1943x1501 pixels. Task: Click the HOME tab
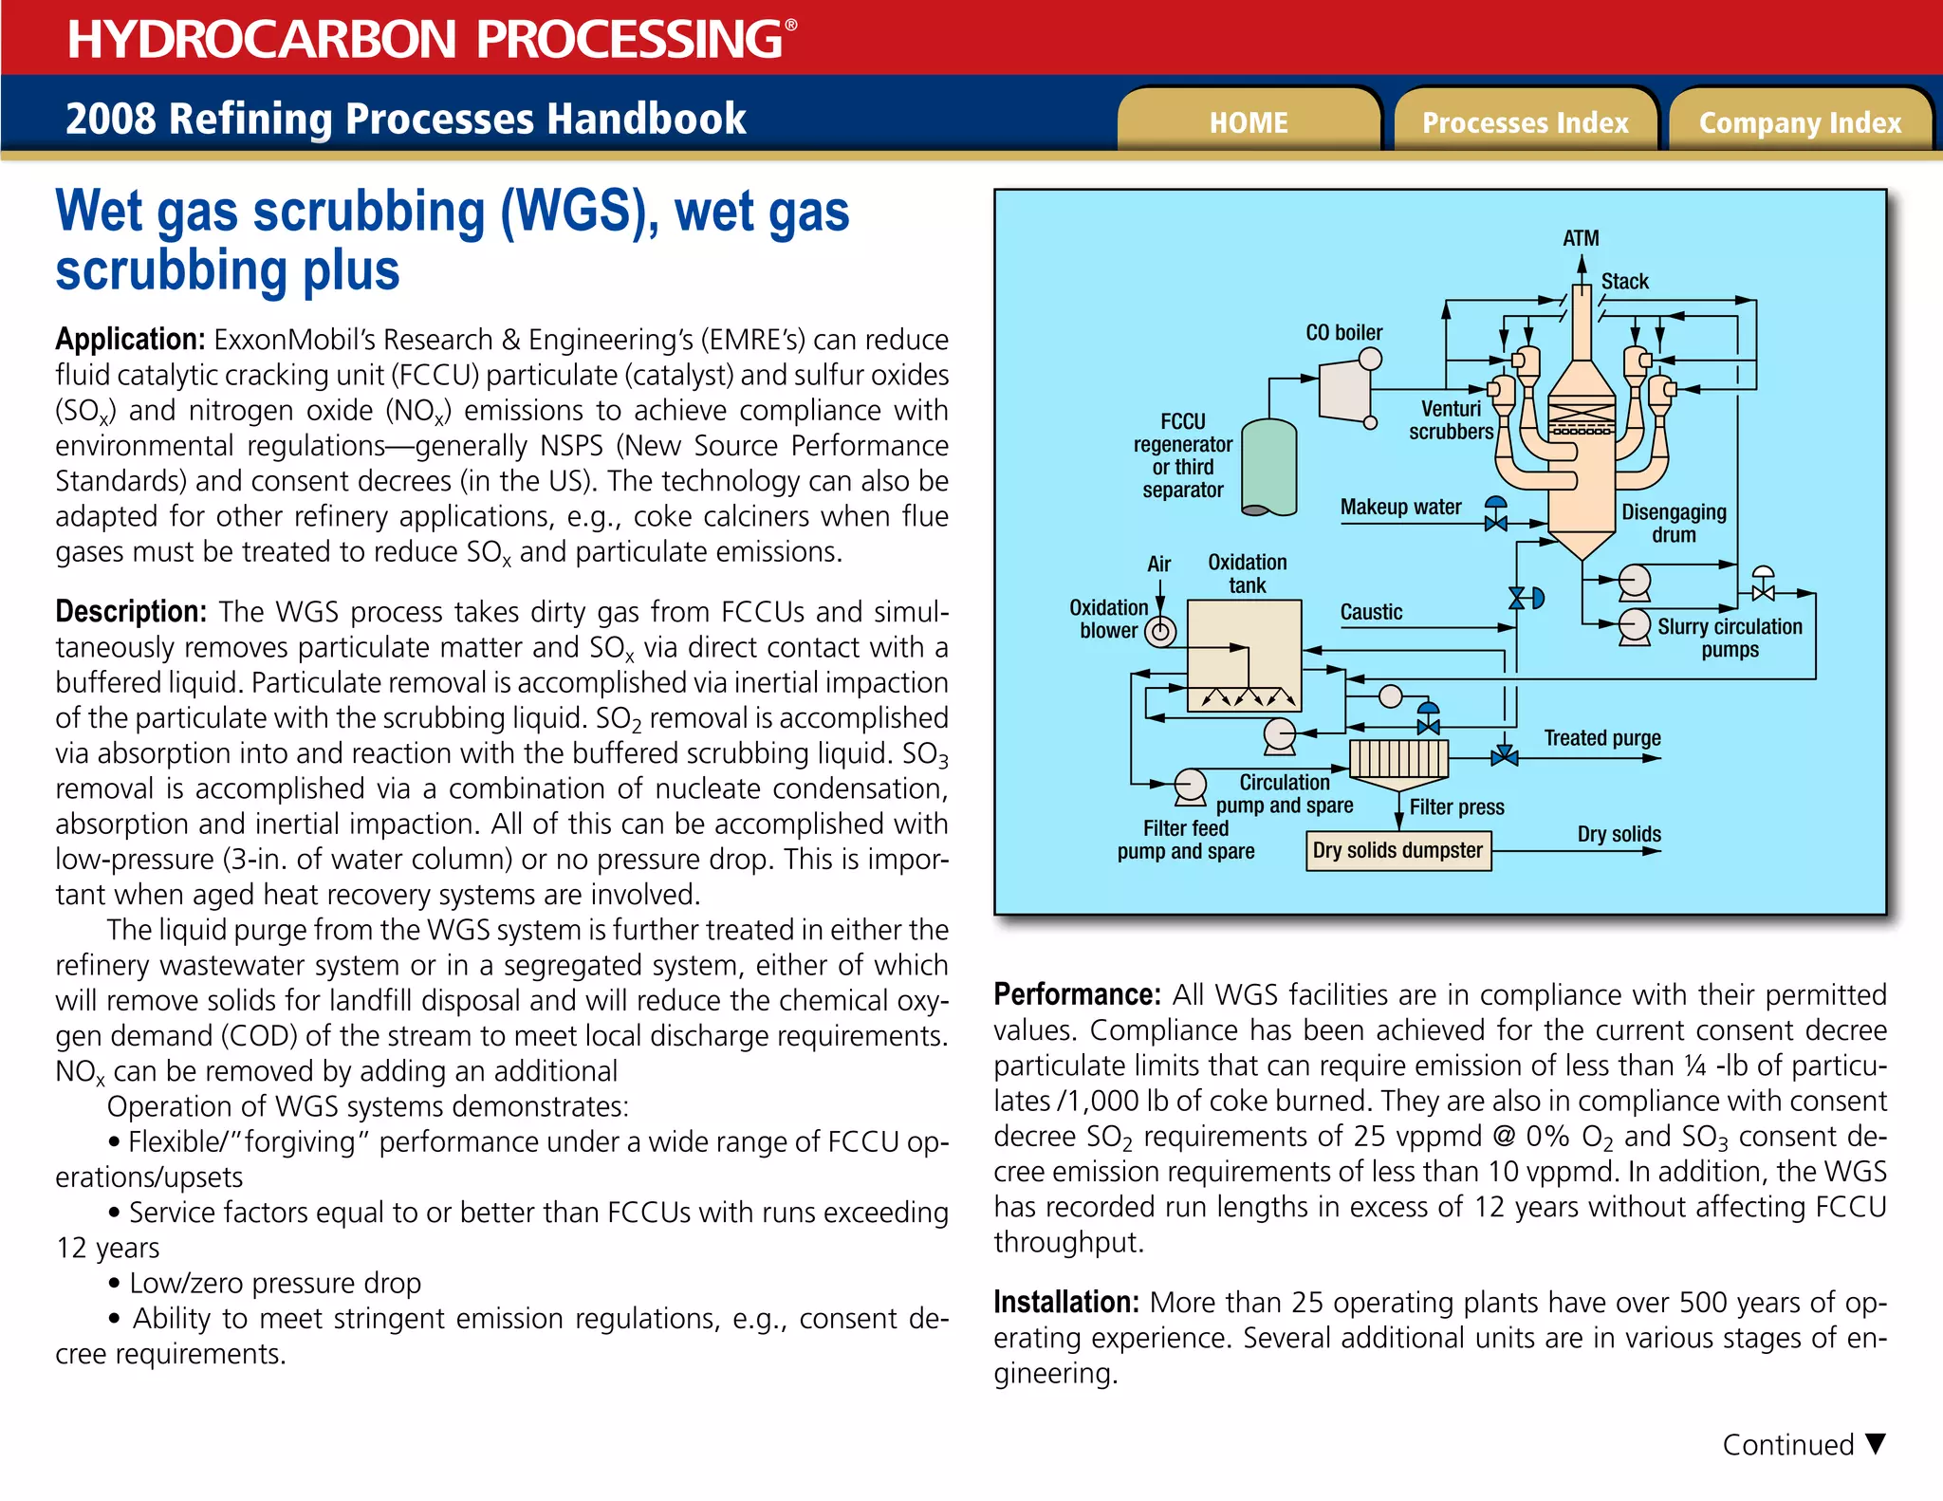1248,122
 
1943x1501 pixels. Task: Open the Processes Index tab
1525,122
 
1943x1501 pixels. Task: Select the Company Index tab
1800,122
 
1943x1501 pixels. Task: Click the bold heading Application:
130,339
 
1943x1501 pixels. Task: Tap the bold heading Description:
131,611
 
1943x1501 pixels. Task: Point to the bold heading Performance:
1077,994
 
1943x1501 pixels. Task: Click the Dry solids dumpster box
1397,850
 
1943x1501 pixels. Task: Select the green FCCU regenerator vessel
1269,468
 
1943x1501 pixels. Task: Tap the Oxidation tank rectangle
1245,655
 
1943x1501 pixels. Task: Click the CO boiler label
1343,333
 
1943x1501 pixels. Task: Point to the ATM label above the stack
1581,238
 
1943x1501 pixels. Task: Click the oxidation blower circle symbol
1160,631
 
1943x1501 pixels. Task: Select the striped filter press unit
1398,759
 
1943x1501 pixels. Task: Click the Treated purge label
1601,737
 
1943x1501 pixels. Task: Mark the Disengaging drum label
1674,523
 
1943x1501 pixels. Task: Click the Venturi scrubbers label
1451,419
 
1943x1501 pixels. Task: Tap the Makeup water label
1400,507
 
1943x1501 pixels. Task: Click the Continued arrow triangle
1875,1443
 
